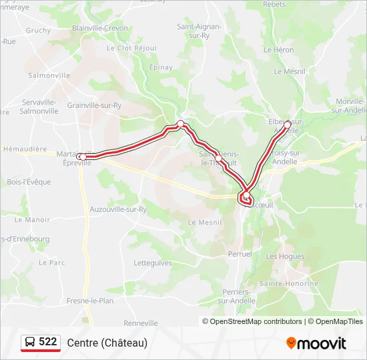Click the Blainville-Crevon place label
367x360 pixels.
point(99,28)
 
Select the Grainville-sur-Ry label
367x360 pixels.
point(94,105)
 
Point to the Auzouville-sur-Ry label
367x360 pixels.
point(118,209)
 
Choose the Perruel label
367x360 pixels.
point(240,254)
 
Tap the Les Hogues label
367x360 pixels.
point(285,256)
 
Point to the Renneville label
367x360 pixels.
point(141,323)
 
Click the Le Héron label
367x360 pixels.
point(278,50)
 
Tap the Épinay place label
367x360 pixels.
point(161,67)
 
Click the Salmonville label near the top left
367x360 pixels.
point(49,75)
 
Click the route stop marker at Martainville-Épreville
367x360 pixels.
point(81,157)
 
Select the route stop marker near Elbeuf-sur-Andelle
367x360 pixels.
point(288,124)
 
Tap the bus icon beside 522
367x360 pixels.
point(31,343)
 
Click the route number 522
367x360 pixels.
point(48,342)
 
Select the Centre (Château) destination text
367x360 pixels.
point(107,343)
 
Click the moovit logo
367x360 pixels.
point(316,343)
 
